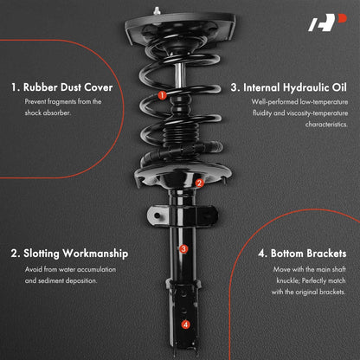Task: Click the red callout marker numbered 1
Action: point(162,95)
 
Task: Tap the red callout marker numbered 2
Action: point(199,183)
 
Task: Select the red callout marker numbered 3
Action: point(183,248)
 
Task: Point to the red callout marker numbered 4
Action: point(186,325)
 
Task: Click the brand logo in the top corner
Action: point(327,22)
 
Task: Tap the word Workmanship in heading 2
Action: point(95,254)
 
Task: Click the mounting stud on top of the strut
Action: point(157,11)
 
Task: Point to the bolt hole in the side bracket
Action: point(157,215)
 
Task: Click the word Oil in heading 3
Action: point(339,87)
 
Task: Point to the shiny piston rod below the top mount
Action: point(179,75)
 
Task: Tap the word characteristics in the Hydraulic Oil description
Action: point(326,125)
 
